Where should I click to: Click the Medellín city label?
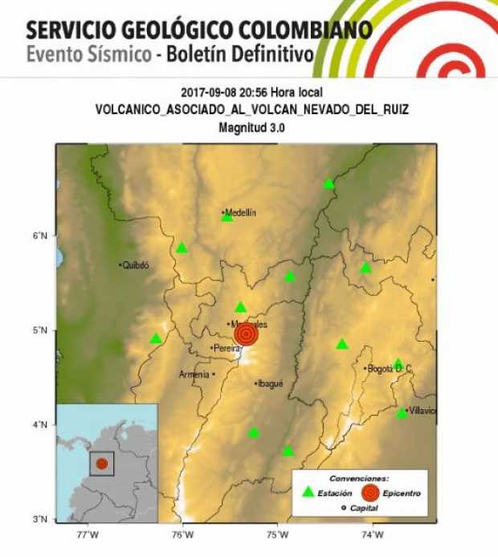tap(241, 212)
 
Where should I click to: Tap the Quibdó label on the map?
tap(137, 264)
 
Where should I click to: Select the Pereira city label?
tap(227, 348)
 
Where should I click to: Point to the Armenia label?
tap(194, 374)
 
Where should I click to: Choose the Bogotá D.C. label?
tap(390, 369)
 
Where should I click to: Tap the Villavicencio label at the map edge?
tap(422, 411)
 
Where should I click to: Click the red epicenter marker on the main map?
tap(247, 334)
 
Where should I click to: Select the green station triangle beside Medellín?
tap(227, 217)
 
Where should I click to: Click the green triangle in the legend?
tap(308, 492)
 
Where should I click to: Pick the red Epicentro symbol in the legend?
tap(370, 492)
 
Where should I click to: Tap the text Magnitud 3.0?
tap(251, 127)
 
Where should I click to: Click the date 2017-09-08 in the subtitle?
tap(206, 93)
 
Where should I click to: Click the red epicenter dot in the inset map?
tap(102, 464)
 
